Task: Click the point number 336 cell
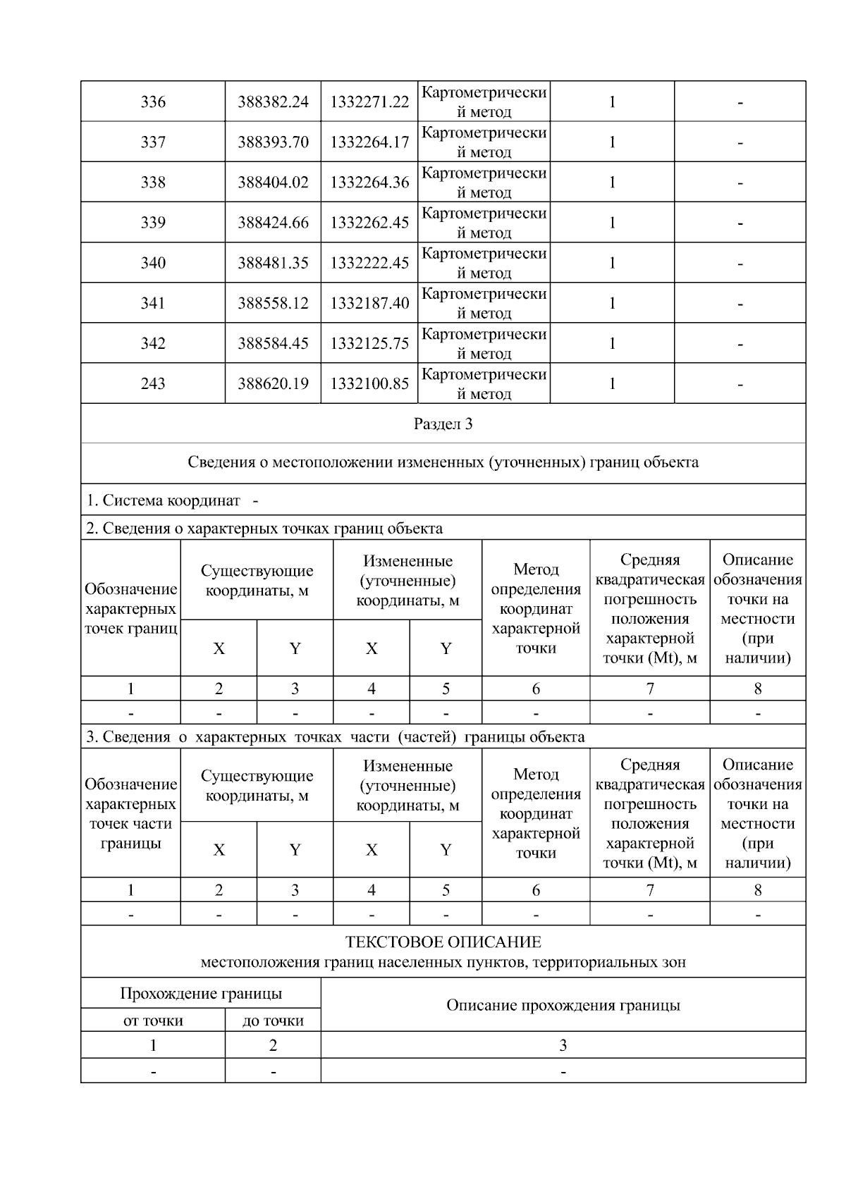[153, 102]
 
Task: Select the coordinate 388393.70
[273, 142]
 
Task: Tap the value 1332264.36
[369, 183]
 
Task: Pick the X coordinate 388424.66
[273, 223]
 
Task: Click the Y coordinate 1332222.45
[369, 263]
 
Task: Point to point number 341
[153, 303]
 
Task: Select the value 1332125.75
[369, 343]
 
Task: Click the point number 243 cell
[153, 383]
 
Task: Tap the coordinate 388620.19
[273, 383]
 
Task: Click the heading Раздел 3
[443, 424]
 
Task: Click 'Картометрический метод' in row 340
[484, 263]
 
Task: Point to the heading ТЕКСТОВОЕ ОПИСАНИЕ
[443, 942]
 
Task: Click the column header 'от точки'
[153, 1021]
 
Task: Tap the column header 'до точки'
[273, 1021]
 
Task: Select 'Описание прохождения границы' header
[563, 1005]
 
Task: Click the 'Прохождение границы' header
[201, 994]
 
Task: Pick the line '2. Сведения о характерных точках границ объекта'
[264, 529]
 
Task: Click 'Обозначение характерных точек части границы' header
[130, 813]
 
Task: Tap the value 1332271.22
[369, 102]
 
